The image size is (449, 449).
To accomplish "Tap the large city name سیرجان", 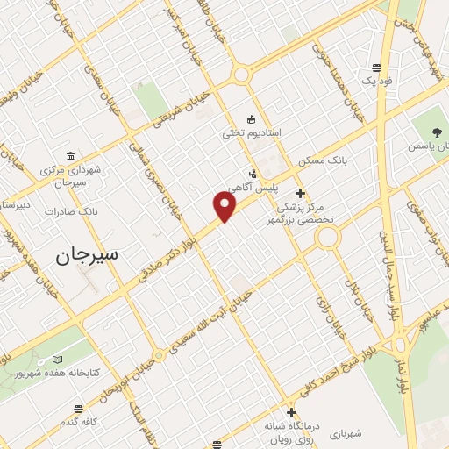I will (88, 256).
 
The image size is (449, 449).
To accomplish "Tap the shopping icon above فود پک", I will (376, 67).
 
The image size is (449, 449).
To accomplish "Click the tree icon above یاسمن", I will (437, 132).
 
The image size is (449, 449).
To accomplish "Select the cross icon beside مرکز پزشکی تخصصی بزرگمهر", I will (301, 193).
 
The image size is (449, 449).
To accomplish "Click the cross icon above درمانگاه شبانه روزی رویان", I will (291, 411).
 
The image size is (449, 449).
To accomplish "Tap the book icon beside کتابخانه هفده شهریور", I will (58, 360).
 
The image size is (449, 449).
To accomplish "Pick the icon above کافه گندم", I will (79, 409).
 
